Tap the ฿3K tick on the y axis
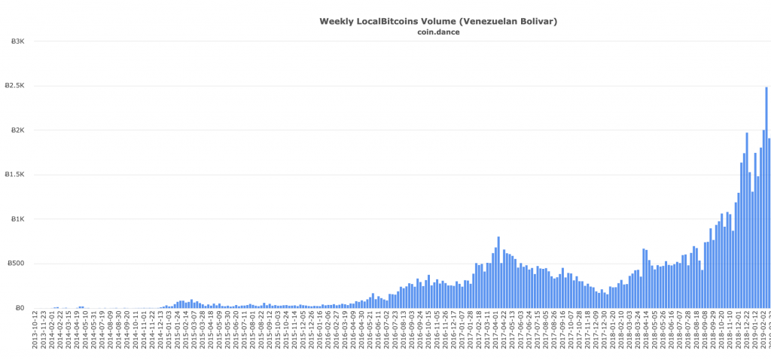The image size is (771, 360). [16, 41]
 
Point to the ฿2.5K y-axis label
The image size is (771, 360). [15, 86]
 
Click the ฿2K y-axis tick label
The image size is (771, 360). [16, 130]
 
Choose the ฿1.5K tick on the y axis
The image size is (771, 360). [15, 175]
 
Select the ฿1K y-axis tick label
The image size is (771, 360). [16, 219]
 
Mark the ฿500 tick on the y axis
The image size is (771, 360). [15, 264]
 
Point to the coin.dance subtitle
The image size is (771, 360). [438, 32]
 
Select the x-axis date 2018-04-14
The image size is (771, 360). [645, 333]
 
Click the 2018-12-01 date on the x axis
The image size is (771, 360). [739, 333]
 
